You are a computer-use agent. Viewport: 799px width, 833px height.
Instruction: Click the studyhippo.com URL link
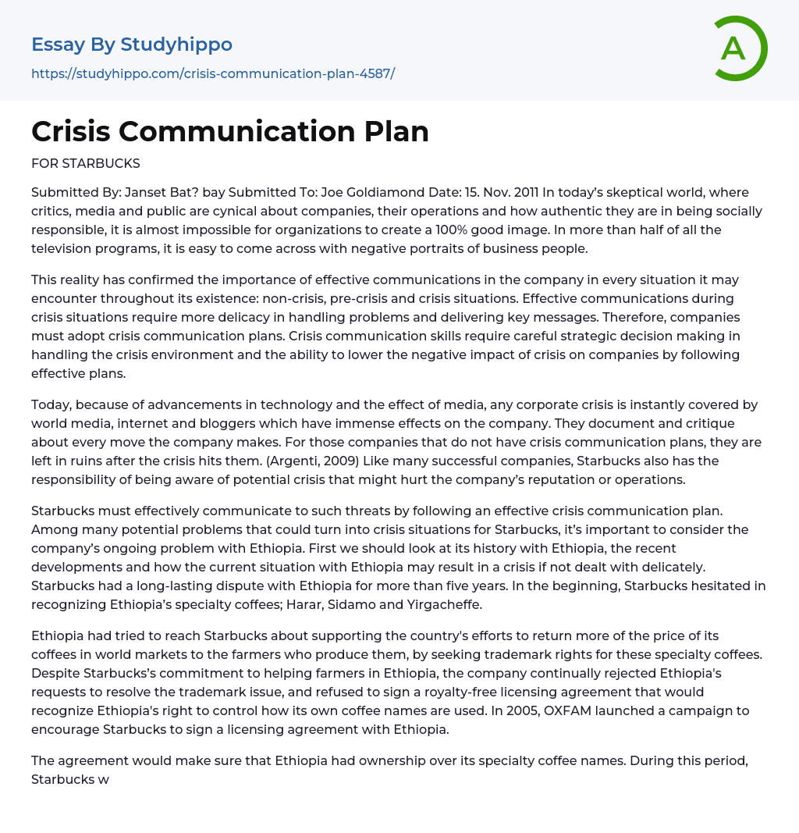coord(213,73)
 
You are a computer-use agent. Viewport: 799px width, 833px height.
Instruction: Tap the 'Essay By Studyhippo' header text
coord(132,44)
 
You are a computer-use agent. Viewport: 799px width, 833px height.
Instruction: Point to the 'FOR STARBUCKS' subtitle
coord(86,164)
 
